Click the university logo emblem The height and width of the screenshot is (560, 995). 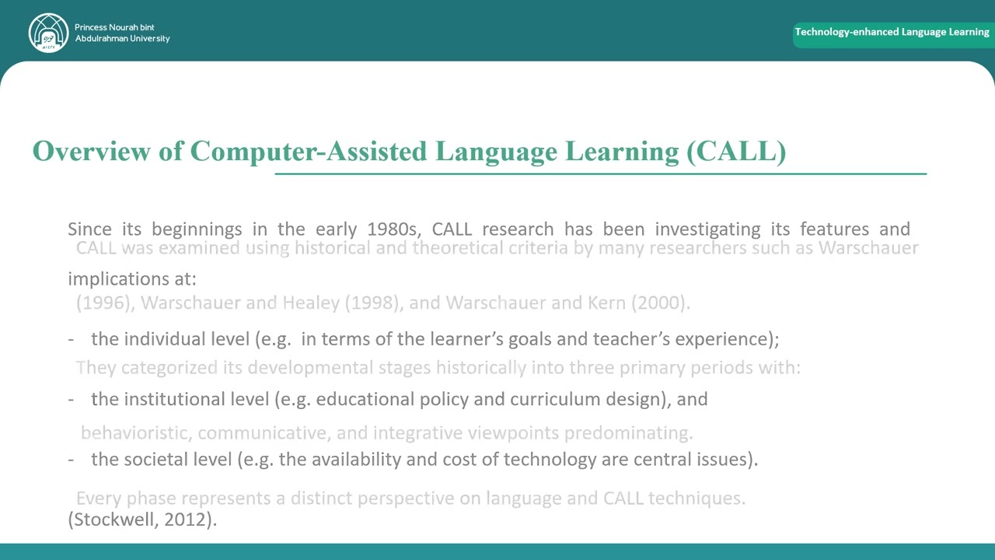click(48, 33)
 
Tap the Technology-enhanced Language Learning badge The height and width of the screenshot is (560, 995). click(892, 33)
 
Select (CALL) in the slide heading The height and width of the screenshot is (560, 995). click(736, 151)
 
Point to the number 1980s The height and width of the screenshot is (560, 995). click(393, 229)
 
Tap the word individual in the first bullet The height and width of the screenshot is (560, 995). click(165, 339)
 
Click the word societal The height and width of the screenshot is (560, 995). click(158, 460)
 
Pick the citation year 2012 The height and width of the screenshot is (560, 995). click(187, 520)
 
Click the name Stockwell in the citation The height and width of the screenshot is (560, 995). click(113, 520)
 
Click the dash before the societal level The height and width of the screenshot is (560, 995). click(72, 460)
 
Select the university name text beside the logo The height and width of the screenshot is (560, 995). click(122, 33)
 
